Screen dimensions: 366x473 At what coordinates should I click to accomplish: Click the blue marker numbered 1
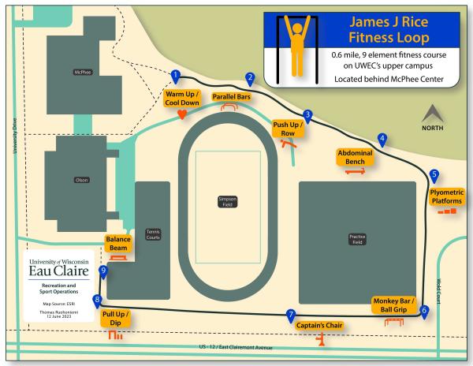[176, 76]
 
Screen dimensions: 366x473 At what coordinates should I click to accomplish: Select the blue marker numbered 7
[291, 314]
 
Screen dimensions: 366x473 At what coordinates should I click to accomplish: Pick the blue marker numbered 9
[103, 271]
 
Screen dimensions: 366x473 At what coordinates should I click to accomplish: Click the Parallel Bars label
[232, 96]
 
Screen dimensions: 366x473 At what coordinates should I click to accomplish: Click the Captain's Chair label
[320, 325]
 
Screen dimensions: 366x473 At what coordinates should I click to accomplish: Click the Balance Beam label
[118, 242]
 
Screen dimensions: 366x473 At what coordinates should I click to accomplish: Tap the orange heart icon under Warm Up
[181, 114]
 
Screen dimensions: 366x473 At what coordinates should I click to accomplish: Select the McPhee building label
[81, 72]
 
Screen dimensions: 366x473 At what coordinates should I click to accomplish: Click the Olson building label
[81, 180]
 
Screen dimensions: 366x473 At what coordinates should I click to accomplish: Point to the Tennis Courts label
[153, 234]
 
